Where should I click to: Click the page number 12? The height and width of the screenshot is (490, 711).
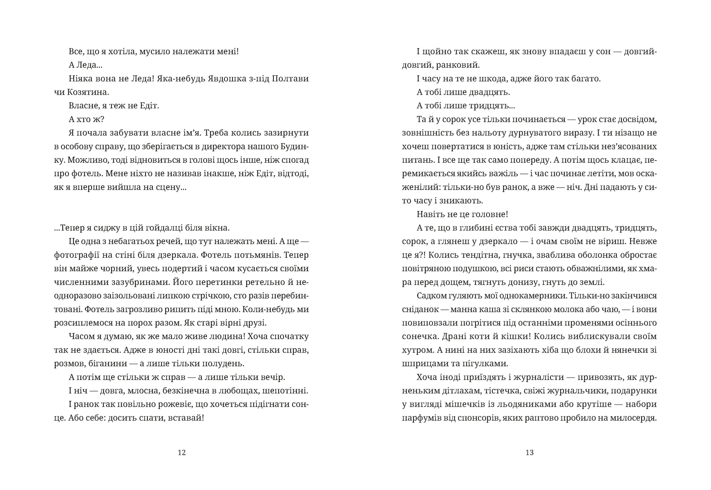coord(181,453)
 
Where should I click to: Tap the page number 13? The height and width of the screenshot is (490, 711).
coord(530,453)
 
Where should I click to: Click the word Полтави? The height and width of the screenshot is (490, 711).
coord(290,79)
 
